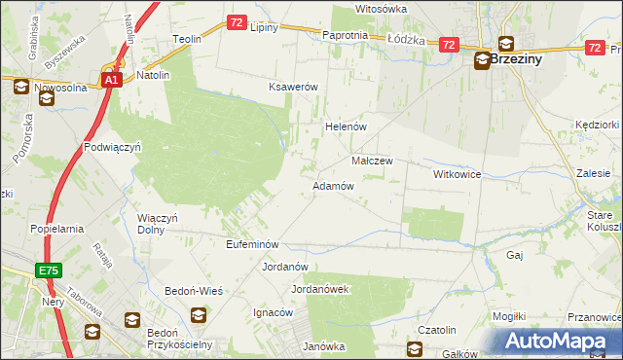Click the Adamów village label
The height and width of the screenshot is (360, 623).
(332, 185)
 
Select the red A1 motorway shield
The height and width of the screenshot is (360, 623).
(112, 81)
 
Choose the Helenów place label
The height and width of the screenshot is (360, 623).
(344, 126)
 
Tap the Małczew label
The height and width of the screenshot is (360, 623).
(371, 161)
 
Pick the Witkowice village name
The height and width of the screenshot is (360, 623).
(458, 173)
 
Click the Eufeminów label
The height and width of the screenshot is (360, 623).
(252, 243)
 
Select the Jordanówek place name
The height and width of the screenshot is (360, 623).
(320, 289)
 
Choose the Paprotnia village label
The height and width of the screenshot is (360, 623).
(345, 35)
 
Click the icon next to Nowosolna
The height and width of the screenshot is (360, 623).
(21, 87)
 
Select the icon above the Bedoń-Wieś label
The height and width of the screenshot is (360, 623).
(198, 314)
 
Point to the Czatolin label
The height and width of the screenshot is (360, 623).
(437, 331)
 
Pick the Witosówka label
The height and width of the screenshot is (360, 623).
(381, 9)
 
